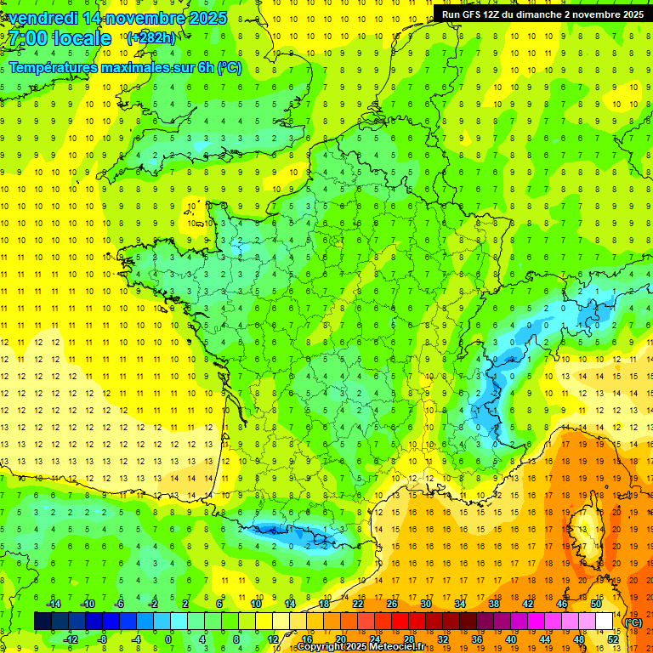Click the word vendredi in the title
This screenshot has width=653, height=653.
tap(40, 18)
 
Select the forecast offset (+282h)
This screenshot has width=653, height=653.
tap(150, 37)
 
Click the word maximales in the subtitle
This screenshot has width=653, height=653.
tap(138, 67)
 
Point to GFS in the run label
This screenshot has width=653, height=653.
tap(473, 14)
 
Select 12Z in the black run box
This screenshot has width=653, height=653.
tap(496, 14)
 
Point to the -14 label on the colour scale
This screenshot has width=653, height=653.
tap(53, 604)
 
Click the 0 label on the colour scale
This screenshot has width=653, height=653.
tap(168, 639)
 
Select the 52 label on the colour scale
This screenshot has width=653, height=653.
tap(613, 639)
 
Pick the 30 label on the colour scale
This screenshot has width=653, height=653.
tap(425, 604)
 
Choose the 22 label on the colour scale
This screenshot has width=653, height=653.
tap(358, 604)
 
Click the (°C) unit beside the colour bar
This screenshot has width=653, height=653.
tap(633, 622)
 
